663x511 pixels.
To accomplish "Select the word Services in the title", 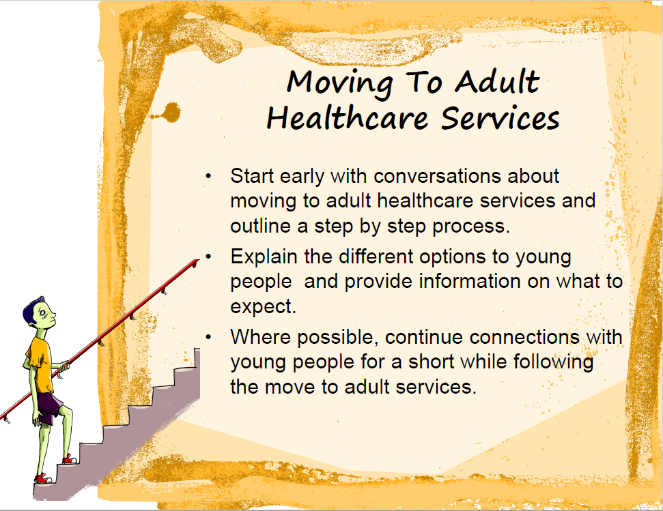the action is [x=500, y=118].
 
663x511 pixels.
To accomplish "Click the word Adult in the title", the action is [x=497, y=81].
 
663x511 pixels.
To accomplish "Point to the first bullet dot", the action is [x=208, y=176].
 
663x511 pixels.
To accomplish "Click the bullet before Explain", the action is [x=208, y=257].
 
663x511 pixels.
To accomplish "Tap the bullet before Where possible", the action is [x=208, y=337].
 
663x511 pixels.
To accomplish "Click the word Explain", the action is [x=264, y=257].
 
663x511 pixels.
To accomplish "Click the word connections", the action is [x=524, y=337].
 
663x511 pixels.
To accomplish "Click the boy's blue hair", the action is [x=31, y=312].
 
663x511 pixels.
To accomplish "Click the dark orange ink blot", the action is [x=171, y=113].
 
